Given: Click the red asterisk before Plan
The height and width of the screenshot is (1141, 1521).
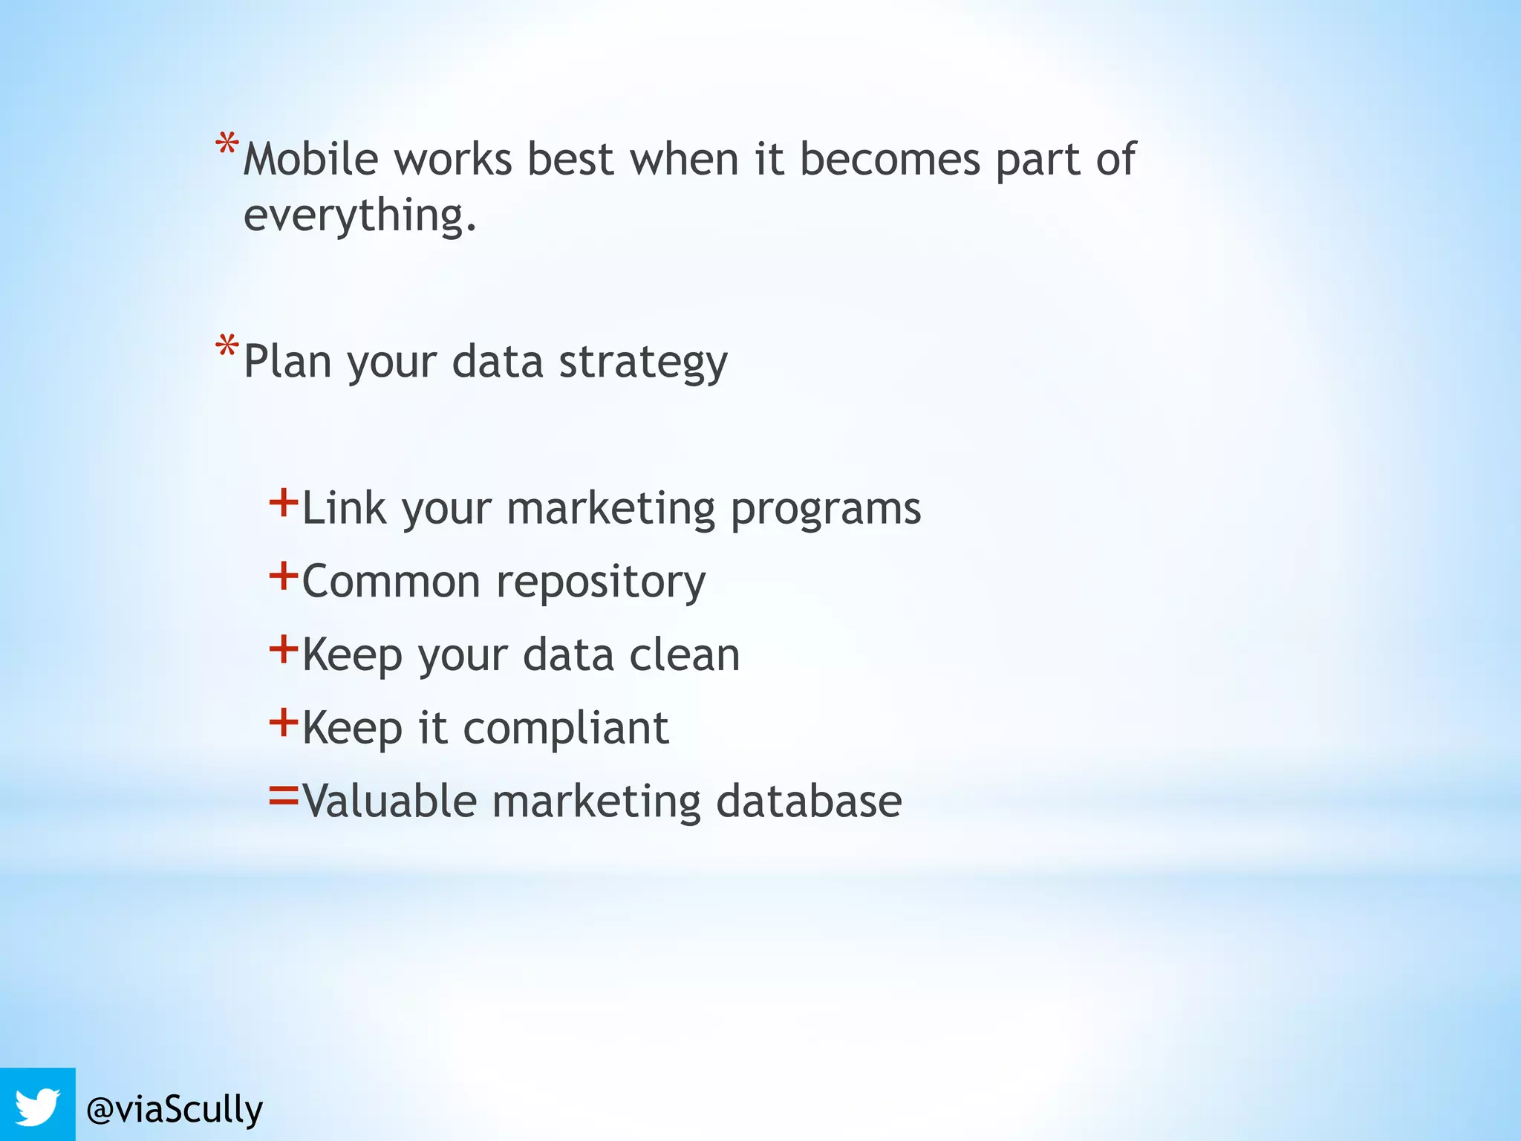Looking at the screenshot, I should click(x=227, y=348).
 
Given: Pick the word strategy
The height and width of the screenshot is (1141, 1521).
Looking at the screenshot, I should click(x=642, y=363).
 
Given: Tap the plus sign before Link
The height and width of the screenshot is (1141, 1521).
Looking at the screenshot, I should click(x=283, y=503).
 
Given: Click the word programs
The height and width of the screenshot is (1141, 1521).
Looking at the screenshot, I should click(x=825, y=510).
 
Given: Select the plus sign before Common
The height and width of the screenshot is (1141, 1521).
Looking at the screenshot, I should click(x=283, y=576).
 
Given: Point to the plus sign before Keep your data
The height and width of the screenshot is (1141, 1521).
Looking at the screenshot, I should click(x=283, y=649).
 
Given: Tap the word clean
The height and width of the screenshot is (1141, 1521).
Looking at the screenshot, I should click(x=684, y=655).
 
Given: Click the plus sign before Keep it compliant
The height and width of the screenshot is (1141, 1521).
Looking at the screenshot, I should click(x=283, y=722).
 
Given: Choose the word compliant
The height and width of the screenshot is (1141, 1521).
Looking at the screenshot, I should click(x=565, y=728).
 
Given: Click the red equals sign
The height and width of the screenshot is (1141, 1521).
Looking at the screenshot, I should click(x=283, y=796).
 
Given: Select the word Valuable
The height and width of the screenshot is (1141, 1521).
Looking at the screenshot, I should click(x=389, y=801).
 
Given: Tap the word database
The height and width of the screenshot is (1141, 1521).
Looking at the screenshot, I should click(x=809, y=801).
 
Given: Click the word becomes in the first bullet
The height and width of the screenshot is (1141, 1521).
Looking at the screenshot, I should click(x=890, y=159).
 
